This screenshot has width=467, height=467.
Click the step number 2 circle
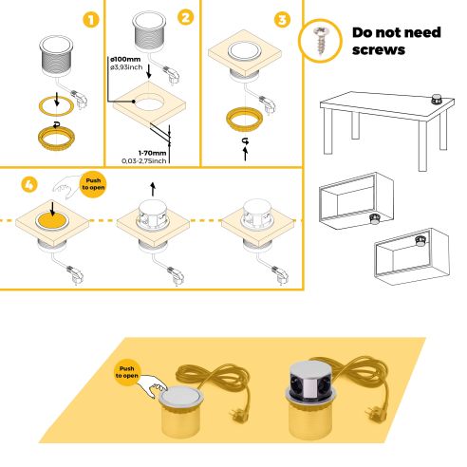[x=185, y=18]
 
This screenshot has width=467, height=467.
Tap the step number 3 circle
[x=282, y=18]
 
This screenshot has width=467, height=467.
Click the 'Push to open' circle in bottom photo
[x=130, y=372]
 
